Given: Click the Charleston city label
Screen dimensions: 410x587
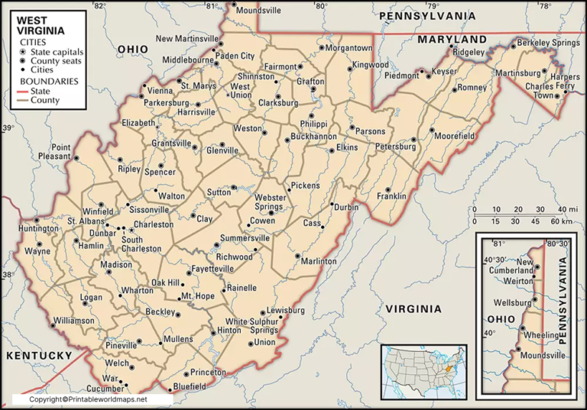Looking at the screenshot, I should pos(154,225).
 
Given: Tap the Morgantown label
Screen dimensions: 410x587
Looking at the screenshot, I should pos(349,47).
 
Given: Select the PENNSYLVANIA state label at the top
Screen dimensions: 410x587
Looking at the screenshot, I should pos(427,15).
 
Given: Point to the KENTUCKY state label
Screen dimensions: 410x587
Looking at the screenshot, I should pos(37,356).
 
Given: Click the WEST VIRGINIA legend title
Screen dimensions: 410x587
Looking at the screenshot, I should pos(41,26).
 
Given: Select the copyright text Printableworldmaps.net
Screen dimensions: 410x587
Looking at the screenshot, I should pos(89,399).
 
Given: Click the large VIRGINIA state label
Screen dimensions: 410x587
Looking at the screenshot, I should pos(413,308).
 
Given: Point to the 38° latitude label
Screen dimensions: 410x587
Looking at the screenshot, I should pos(8,275).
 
